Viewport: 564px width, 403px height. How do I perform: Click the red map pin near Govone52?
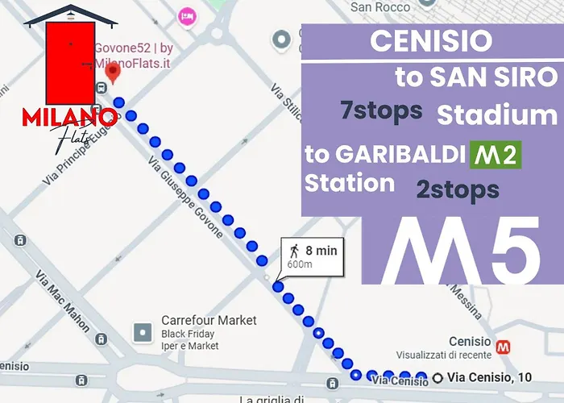(x=114, y=73)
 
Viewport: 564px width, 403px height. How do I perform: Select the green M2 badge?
(x=496, y=154)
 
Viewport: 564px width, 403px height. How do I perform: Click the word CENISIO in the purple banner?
(x=431, y=42)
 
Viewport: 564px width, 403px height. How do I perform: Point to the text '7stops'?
(x=381, y=110)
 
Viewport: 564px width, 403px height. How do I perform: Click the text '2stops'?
(x=458, y=190)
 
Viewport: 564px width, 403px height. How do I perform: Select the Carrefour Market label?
(x=209, y=320)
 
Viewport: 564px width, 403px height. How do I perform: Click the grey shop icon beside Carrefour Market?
(x=143, y=331)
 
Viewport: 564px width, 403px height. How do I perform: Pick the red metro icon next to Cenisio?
(x=504, y=347)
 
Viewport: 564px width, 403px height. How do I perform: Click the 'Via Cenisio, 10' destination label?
(x=490, y=376)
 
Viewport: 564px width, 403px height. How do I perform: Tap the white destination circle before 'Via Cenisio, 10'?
(x=438, y=377)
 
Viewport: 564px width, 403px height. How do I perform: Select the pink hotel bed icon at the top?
(x=187, y=15)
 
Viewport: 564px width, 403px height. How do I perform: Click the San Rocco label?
(x=378, y=7)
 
